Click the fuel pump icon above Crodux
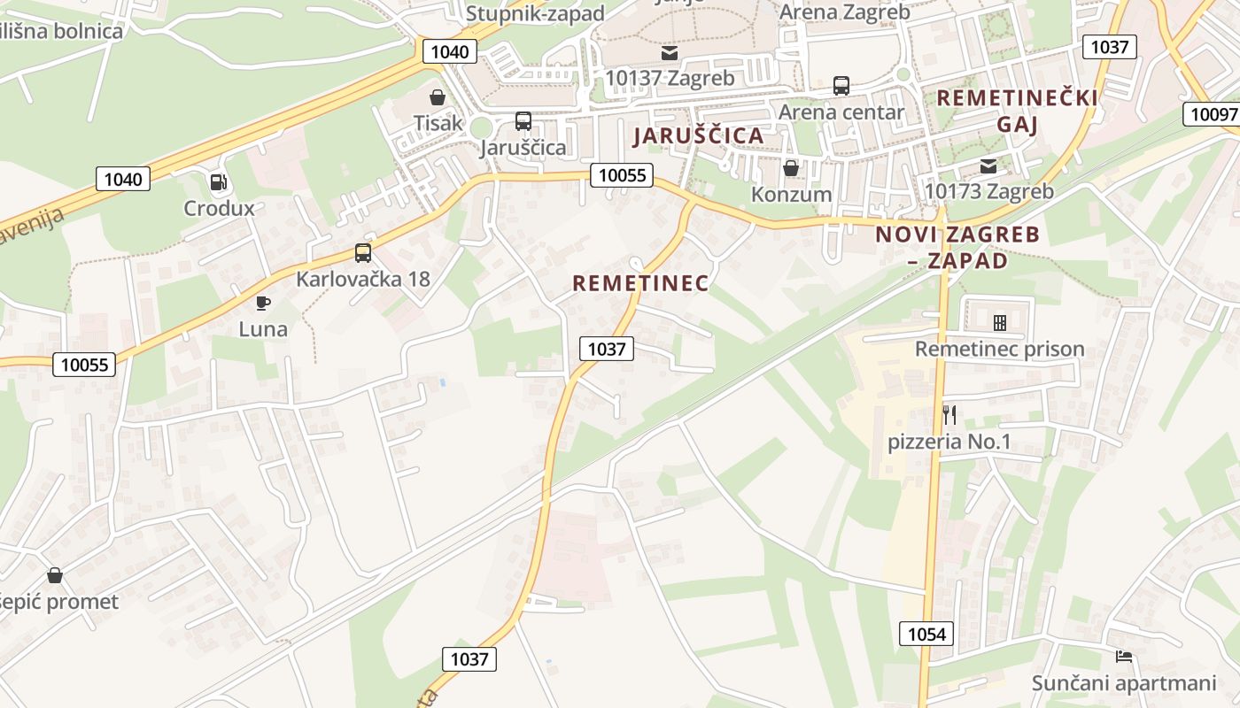(218, 182)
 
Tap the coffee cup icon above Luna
(263, 303)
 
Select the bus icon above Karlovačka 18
(363, 253)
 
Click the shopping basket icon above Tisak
(438, 97)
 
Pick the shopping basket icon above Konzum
(791, 168)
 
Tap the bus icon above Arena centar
(841, 86)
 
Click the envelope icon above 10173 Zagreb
(988, 165)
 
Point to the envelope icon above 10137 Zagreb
(670, 53)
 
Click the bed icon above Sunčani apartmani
(1124, 657)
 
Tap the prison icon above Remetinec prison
(1000, 323)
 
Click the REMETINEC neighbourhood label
(640, 283)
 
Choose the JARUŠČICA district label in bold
(699, 135)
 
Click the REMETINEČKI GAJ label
(1017, 110)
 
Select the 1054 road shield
(927, 634)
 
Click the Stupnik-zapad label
(535, 13)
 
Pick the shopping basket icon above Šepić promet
(55, 575)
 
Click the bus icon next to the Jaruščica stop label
(523, 121)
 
